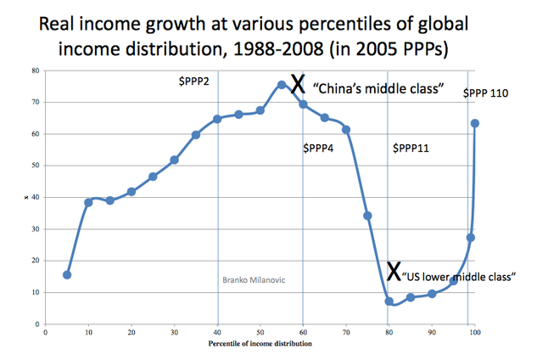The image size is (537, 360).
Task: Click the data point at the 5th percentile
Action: [x=67, y=275]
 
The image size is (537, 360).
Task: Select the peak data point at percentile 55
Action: [x=282, y=85]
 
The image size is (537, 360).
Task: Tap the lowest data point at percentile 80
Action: [x=389, y=301]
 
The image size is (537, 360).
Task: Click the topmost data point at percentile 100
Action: [x=475, y=123]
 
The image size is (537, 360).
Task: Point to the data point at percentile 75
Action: [x=367, y=216]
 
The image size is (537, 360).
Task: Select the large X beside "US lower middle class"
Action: [x=394, y=271]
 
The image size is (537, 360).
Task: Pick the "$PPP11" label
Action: [x=411, y=149]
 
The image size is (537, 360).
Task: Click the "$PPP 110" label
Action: [x=485, y=93]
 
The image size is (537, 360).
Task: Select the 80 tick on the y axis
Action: [x=36, y=70]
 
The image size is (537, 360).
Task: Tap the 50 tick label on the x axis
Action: [x=260, y=334]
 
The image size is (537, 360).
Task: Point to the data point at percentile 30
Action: [x=174, y=160]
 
